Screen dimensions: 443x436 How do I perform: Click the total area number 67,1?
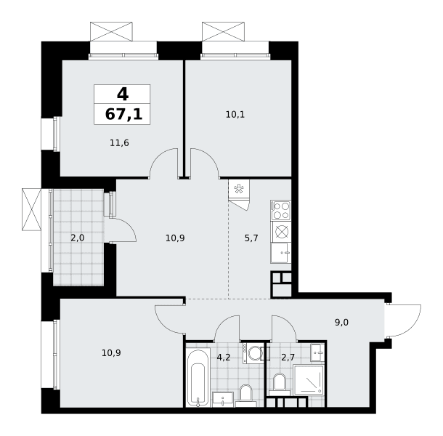tap(123, 115)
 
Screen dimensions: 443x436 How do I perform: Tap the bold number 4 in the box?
tap(123, 94)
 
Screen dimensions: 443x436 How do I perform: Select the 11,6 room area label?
tap(119, 143)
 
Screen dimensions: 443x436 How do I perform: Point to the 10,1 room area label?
tap(235, 115)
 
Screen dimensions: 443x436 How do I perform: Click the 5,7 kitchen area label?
tap(251, 238)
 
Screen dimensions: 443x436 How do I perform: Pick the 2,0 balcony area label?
tap(78, 238)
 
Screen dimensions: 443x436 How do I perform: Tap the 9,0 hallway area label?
tap(341, 323)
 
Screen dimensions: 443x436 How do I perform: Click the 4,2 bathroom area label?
tap(224, 358)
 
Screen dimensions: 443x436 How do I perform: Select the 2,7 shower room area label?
tap(288, 358)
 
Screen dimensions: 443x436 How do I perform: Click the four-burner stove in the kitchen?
tap(281, 211)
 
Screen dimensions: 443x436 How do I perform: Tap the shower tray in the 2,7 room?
tap(309, 380)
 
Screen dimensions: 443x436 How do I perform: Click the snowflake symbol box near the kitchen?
tap(239, 189)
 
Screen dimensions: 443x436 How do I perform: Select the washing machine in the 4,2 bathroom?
tap(253, 353)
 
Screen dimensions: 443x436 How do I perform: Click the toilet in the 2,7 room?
tap(280, 384)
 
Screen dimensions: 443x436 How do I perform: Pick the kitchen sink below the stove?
tap(281, 253)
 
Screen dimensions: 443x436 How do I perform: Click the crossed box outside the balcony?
tap(32, 209)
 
